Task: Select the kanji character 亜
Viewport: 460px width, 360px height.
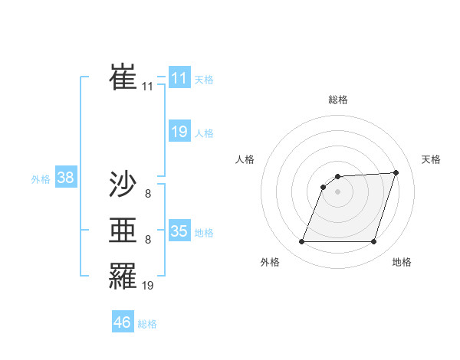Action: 123,229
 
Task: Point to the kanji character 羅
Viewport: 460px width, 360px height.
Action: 123,274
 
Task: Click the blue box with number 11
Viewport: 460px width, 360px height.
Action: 179,78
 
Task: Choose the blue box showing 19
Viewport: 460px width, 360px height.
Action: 179,132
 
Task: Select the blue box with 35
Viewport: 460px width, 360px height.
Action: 179,231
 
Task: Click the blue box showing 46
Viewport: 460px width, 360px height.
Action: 123,322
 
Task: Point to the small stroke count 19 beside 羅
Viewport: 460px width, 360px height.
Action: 148,286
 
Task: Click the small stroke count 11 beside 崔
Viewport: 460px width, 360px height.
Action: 147,87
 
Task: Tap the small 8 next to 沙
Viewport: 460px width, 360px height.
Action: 148,195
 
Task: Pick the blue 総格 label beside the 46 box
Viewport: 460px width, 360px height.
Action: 147,324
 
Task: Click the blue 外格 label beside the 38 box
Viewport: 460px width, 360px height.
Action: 41,180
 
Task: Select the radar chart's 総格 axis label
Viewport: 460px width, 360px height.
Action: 338,100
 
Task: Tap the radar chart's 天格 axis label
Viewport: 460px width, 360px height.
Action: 432,159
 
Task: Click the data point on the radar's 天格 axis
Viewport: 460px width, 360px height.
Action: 396,172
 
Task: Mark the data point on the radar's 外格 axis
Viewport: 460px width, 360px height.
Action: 301,242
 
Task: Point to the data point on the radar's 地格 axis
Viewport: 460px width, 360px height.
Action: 374,242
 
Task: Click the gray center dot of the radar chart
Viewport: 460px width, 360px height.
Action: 338,191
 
